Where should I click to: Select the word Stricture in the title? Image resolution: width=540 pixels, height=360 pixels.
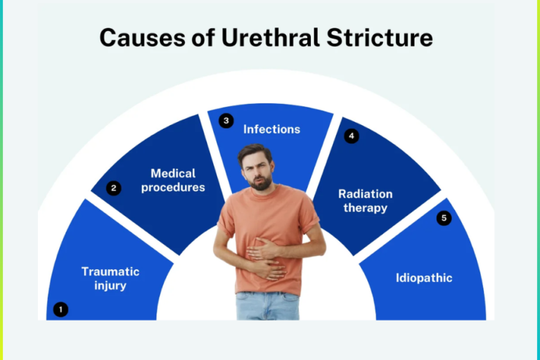pos(382,38)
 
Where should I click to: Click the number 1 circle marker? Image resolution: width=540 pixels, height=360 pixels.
pos(61,309)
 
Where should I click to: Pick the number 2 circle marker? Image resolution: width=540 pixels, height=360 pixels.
pos(113,188)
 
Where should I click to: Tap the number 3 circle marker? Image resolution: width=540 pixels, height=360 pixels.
pos(225,121)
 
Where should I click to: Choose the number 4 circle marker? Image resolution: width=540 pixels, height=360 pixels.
pos(352,136)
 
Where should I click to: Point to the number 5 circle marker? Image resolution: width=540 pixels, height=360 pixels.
pos(443,218)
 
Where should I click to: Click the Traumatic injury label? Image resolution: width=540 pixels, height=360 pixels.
pos(110,278)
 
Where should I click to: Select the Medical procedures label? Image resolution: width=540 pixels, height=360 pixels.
pos(173,180)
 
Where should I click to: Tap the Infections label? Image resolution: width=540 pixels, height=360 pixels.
pos(271,129)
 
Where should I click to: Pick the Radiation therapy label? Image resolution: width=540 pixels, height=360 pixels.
pos(365,200)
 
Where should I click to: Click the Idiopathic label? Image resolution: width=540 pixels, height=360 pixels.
pos(424,278)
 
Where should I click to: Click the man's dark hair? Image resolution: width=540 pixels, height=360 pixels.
pos(255,150)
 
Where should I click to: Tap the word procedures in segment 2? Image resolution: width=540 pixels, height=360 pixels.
pos(173,188)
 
